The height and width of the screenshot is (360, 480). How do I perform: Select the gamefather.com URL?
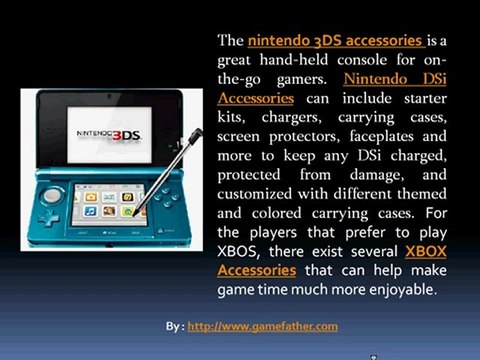[262, 326]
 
